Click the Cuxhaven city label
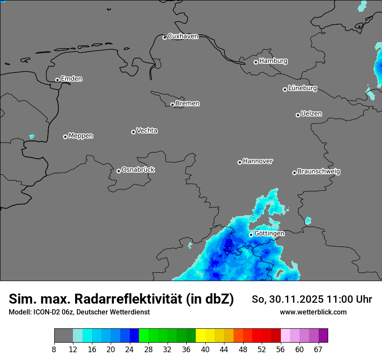point(183,36)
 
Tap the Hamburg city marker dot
point(256,62)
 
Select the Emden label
point(71,79)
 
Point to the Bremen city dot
point(172,105)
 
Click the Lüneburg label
point(302,88)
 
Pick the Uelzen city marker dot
point(298,115)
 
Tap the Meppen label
point(81,136)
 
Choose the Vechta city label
point(147,131)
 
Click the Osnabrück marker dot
point(119,171)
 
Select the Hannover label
point(258,161)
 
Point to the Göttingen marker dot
point(251,235)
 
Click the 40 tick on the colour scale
point(205,350)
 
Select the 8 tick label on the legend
point(54,350)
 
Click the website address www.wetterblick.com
point(313,312)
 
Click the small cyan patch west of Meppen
point(32,137)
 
